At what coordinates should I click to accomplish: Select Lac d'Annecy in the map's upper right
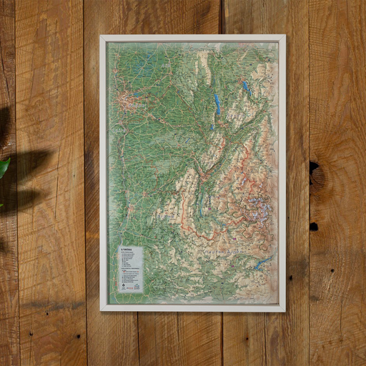click(x=245, y=86)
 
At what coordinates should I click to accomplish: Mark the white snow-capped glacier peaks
click(x=256, y=207)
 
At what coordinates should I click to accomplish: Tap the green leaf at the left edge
click(x=4, y=169)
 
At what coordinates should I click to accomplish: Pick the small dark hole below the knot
click(x=313, y=226)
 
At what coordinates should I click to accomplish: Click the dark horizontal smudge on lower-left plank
click(x=50, y=305)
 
